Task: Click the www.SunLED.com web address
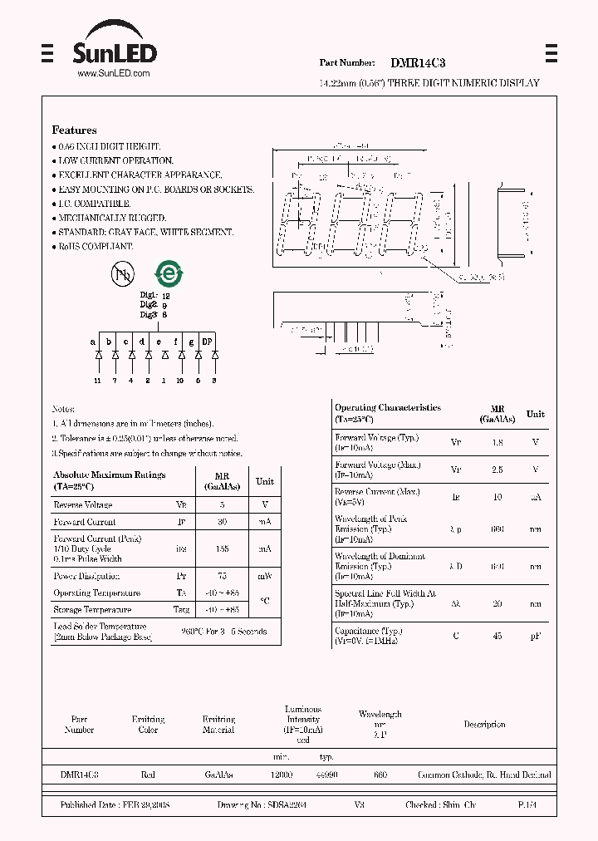[x=113, y=74]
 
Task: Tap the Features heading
[x=74, y=130]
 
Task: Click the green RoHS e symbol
[x=169, y=273]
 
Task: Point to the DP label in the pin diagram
[x=208, y=342]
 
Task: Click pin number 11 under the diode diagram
[x=97, y=381]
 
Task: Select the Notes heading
[x=63, y=409]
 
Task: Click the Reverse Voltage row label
[x=82, y=504]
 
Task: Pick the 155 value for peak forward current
[x=222, y=548]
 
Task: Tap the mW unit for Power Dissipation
[x=264, y=576]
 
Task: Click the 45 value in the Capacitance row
[x=498, y=635]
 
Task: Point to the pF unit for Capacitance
[x=536, y=635]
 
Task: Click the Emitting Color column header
[x=148, y=724]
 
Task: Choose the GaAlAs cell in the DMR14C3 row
[x=218, y=775]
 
